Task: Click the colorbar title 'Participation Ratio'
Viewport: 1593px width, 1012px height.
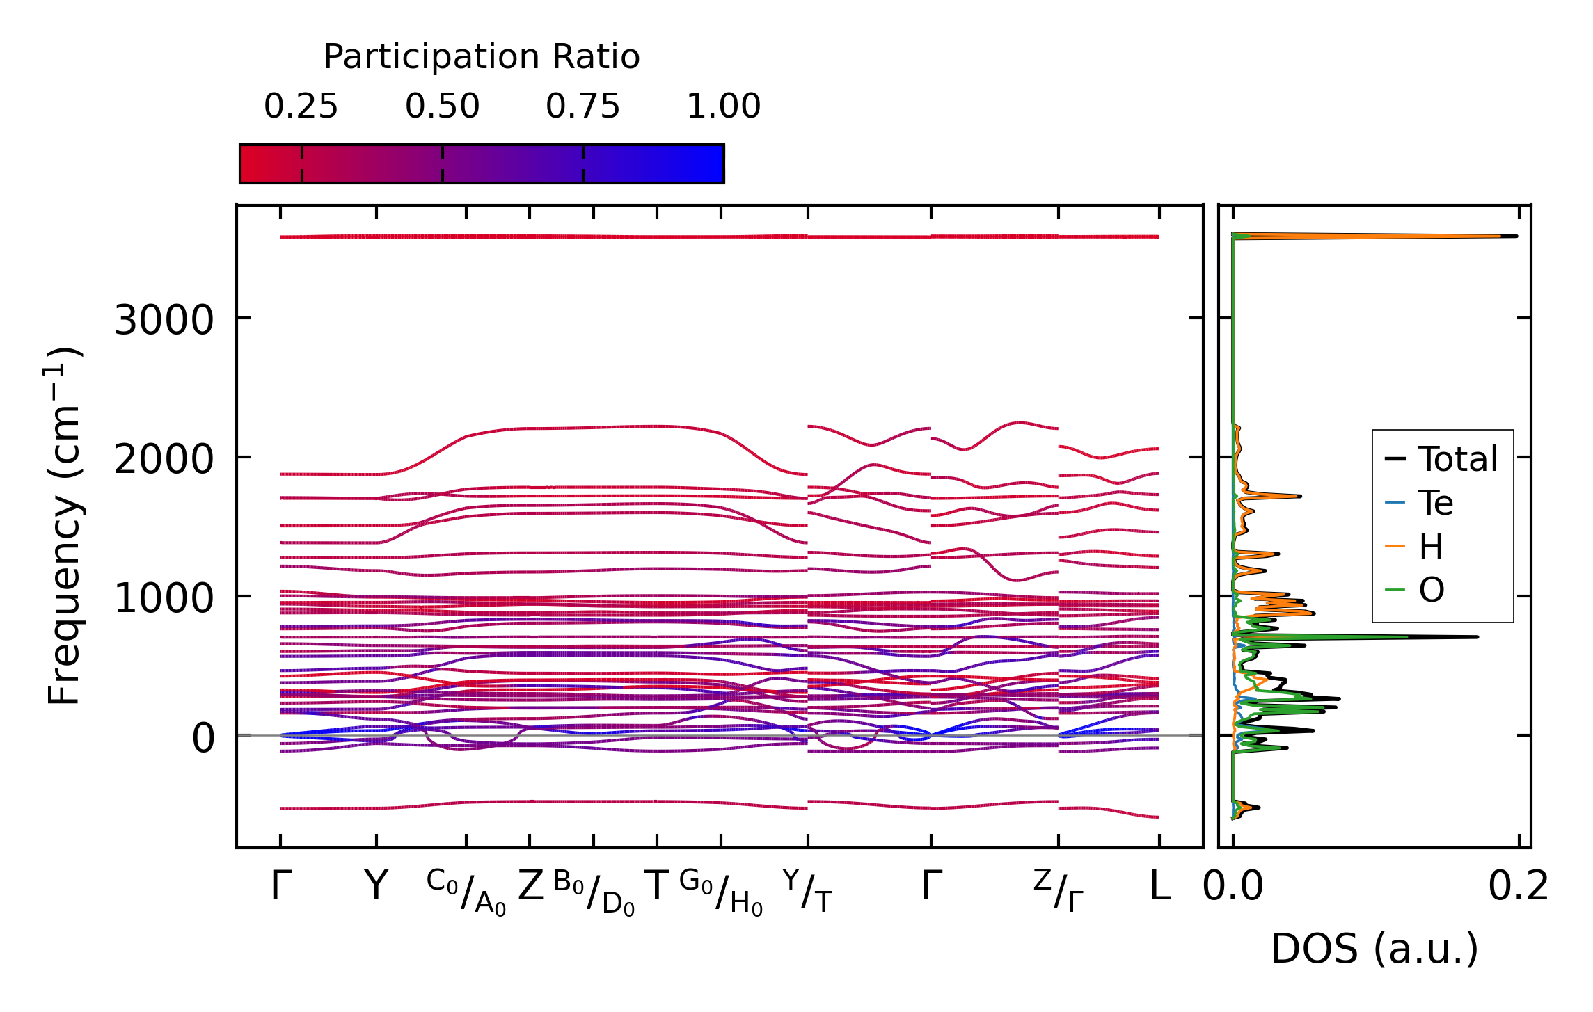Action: [x=481, y=57]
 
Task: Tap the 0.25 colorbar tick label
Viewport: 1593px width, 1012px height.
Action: [x=301, y=106]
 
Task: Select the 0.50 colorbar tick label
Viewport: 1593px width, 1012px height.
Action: [x=442, y=106]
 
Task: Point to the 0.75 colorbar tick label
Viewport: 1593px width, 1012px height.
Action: [x=582, y=106]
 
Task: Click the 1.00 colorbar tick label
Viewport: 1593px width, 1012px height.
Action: [x=723, y=106]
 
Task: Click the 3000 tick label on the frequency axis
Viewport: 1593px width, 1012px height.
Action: [x=164, y=321]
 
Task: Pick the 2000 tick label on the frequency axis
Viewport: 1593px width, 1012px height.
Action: [x=164, y=459]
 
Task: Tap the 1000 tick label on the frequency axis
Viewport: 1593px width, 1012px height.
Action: [x=164, y=598]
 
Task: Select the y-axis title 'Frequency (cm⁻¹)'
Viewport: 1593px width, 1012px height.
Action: [x=64, y=526]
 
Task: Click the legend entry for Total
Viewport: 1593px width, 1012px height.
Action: [x=1457, y=459]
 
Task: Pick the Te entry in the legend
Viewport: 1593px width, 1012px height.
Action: [x=1436, y=503]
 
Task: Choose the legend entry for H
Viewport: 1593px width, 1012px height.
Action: [x=1431, y=547]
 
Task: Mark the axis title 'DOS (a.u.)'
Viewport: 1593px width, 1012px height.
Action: [x=1374, y=949]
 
